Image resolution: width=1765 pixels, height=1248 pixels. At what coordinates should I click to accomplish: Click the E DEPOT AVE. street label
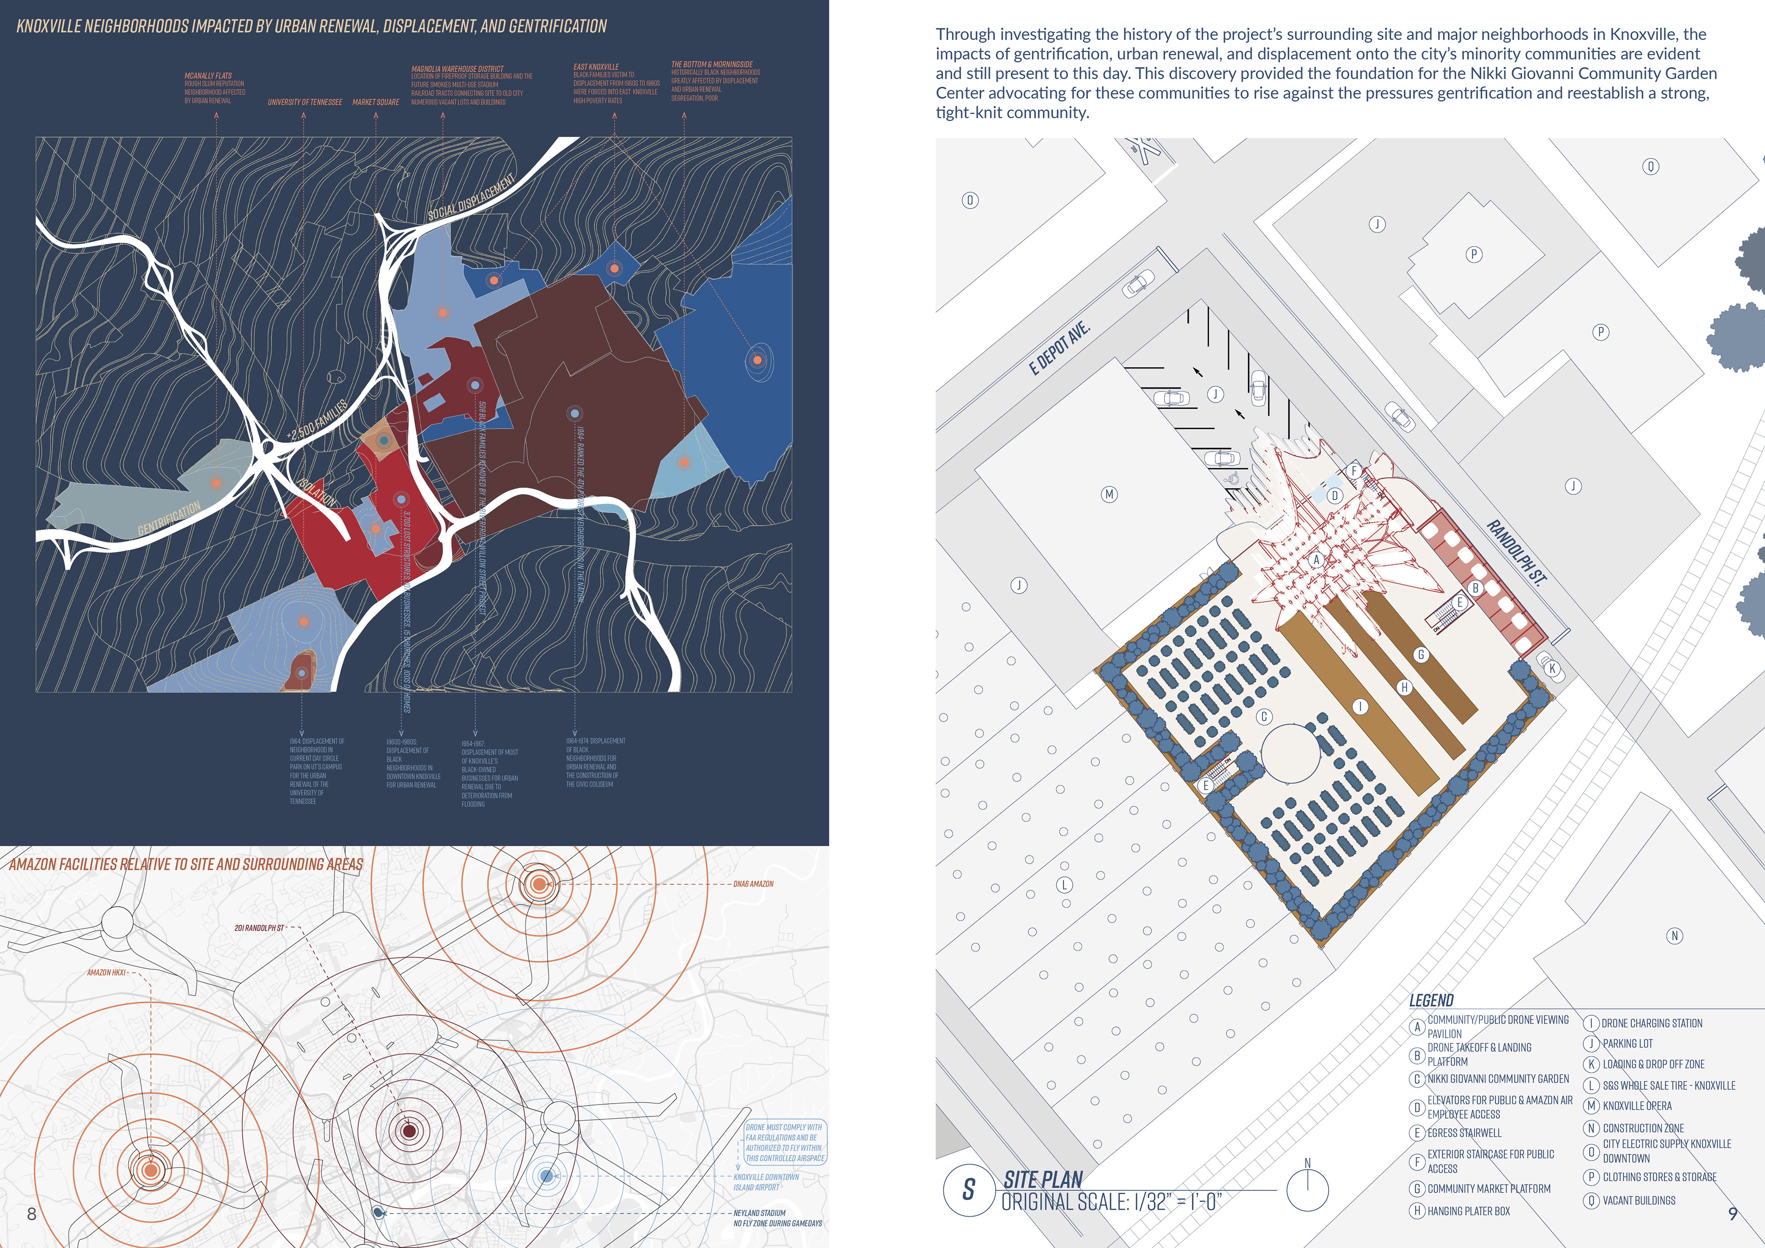pyautogui.click(x=1059, y=349)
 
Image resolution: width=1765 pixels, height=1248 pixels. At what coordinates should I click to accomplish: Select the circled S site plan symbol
pyautogui.click(x=968, y=1190)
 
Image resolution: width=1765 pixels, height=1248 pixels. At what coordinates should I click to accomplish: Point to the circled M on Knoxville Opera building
pyautogui.click(x=1109, y=494)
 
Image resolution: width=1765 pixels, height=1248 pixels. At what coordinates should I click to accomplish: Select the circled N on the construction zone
pyautogui.click(x=1674, y=936)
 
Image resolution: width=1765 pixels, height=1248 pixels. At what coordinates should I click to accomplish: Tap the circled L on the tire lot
pyautogui.click(x=1065, y=885)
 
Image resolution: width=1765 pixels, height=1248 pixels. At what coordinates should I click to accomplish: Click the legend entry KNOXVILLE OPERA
pyautogui.click(x=1637, y=1106)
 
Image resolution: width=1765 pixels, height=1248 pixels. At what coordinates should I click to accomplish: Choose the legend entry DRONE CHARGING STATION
pyautogui.click(x=1651, y=1024)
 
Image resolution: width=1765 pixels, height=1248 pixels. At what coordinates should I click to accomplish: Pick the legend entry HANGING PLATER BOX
pyautogui.click(x=1468, y=1211)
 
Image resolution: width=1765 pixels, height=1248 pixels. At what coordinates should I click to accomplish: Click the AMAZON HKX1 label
pyautogui.click(x=106, y=973)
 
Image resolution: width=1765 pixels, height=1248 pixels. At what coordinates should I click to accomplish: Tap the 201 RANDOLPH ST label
pyautogui.click(x=259, y=928)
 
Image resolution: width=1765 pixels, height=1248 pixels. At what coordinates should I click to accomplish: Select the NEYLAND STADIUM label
pyautogui.click(x=759, y=1213)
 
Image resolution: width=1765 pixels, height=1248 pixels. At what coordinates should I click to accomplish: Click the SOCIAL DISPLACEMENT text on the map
pyautogui.click(x=471, y=198)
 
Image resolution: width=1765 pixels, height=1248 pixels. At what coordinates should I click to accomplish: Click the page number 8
pyautogui.click(x=32, y=1214)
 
